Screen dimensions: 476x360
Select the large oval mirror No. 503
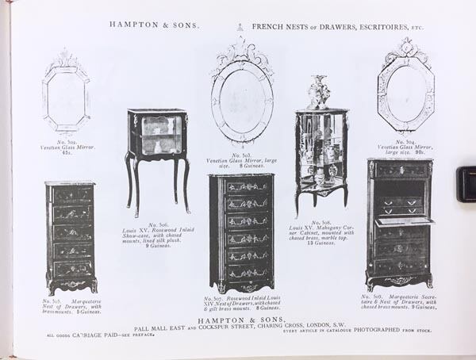click(241, 99)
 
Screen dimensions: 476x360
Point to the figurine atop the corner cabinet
click(320, 92)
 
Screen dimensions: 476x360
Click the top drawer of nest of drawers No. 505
click(71, 193)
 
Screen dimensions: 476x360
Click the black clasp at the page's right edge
click(466, 184)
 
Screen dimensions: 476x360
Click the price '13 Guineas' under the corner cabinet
click(321, 243)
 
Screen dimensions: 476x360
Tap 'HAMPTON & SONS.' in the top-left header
click(154, 25)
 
